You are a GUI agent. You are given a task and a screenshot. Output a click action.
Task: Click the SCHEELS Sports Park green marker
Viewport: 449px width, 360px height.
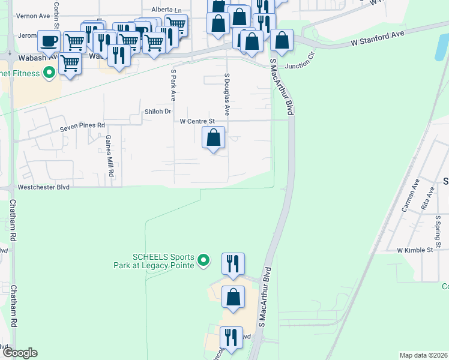pyautogui.click(x=203, y=260)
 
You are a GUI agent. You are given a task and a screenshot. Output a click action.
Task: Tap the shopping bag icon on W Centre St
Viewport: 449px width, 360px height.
pyautogui.click(x=213, y=138)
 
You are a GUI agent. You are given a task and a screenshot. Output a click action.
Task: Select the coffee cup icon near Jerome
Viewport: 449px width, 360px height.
pyautogui.click(x=49, y=41)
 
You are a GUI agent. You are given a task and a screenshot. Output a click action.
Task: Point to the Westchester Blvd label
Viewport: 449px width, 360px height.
pyautogui.click(x=44, y=187)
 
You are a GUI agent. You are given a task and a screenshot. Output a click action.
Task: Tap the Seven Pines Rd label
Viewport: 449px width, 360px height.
pyautogui.click(x=82, y=127)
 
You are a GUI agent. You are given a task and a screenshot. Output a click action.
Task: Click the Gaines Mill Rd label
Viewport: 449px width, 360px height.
pyautogui.click(x=110, y=155)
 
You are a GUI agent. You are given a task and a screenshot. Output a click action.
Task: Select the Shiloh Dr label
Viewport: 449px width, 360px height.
pyautogui.click(x=158, y=112)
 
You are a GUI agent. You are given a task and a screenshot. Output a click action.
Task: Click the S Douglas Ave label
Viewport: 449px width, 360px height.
pyautogui.click(x=227, y=94)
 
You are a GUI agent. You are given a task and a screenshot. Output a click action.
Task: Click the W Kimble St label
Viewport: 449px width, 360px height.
pyautogui.click(x=415, y=250)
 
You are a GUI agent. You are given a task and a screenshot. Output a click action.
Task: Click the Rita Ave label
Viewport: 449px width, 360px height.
pyautogui.click(x=429, y=199)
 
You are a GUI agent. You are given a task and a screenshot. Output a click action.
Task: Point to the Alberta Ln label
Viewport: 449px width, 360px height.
pyautogui.click(x=166, y=10)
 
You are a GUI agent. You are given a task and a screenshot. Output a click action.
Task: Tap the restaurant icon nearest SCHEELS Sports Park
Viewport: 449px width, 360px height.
pyautogui.click(x=233, y=263)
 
